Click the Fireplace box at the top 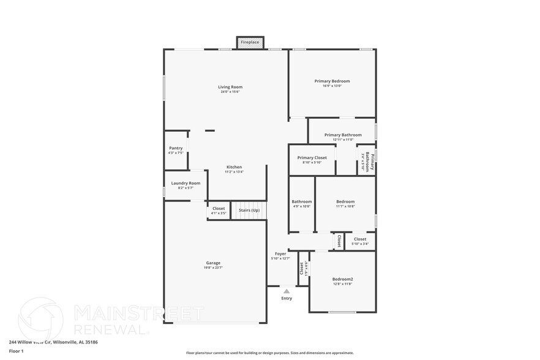coord(250,42)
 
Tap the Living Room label coord(230,87)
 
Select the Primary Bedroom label coord(332,81)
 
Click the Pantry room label coord(176,148)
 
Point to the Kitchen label coord(234,167)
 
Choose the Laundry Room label coord(186,183)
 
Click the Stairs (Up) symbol coord(249,210)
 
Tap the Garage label coord(213,263)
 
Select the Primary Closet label coord(312,157)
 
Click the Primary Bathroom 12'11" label coord(343,135)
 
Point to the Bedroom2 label coord(342,279)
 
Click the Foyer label coord(280,253)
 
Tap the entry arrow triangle coord(287,291)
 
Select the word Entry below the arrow coord(287,299)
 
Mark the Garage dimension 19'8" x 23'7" coord(213,268)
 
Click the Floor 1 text coord(16,351)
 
